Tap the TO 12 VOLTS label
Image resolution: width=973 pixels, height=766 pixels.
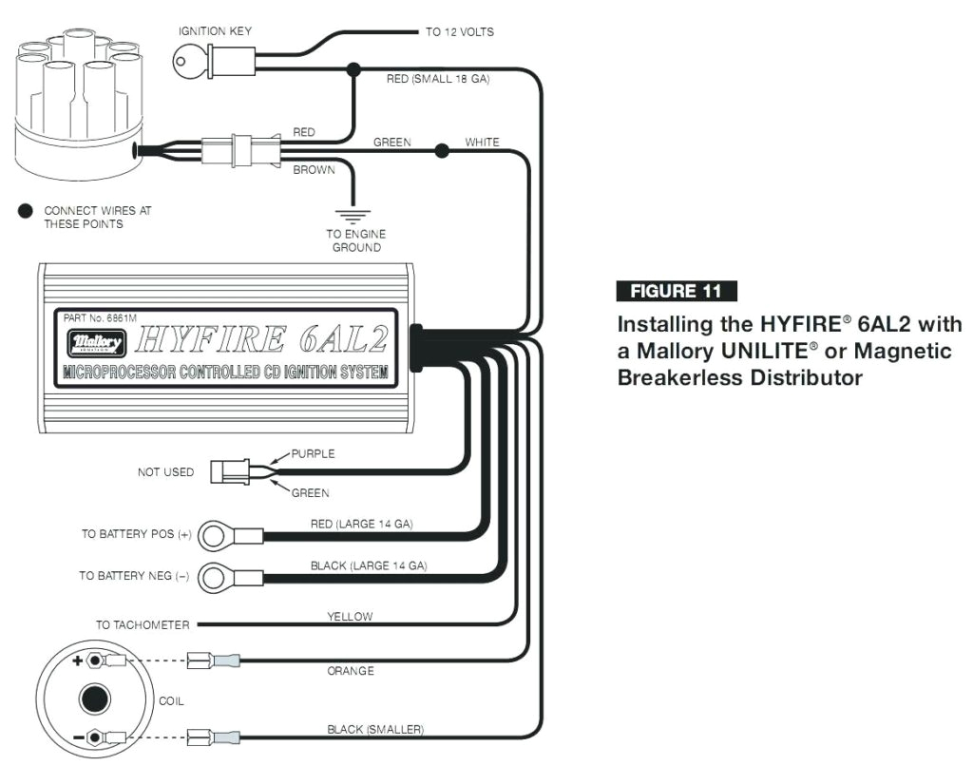click(x=459, y=32)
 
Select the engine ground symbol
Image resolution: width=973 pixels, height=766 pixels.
click(x=355, y=214)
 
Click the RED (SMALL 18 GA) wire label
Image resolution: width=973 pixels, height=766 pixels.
click(x=437, y=79)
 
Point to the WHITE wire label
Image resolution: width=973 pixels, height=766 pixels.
click(x=482, y=143)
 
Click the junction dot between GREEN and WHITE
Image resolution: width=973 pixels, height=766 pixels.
click(x=442, y=150)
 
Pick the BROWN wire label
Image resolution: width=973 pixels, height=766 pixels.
click(x=314, y=170)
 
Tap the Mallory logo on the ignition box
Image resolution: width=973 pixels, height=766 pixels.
click(x=96, y=340)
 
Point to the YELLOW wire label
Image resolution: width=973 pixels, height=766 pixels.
click(x=350, y=617)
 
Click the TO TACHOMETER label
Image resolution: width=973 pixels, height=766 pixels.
click(x=143, y=625)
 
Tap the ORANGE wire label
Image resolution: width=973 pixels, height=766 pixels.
click(x=351, y=671)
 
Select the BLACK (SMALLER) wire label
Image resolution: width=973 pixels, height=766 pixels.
click(x=372, y=729)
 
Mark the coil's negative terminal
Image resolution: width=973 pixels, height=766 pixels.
click(x=93, y=736)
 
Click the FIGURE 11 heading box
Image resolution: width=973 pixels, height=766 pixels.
click(x=676, y=292)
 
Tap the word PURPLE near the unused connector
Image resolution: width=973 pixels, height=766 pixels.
click(x=313, y=453)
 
